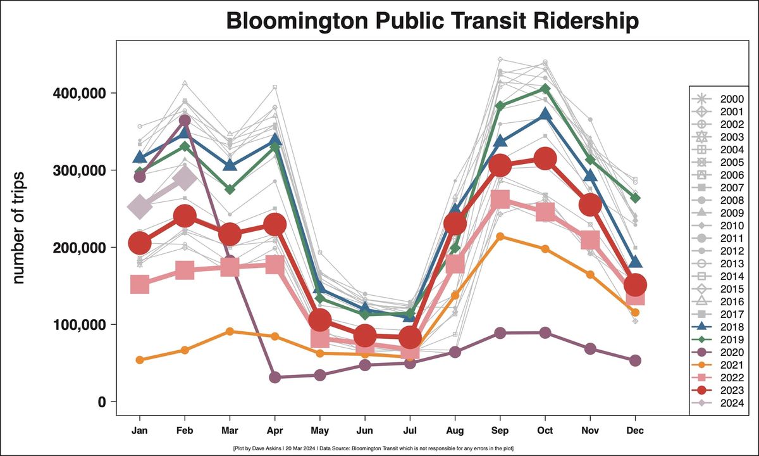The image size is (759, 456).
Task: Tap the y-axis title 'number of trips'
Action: coord(18,227)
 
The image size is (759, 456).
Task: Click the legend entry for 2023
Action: coord(735,390)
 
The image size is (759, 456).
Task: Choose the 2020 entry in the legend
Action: coord(735,352)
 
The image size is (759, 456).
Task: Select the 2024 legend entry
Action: coord(735,403)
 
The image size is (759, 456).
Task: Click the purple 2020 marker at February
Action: coord(185,120)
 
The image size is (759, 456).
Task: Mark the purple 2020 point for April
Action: coord(275,377)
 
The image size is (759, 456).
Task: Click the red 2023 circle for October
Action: coord(545,159)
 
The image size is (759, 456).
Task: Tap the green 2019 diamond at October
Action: coord(545,89)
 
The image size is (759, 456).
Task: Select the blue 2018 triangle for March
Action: coord(230,165)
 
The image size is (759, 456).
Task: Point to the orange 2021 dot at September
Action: coord(500,236)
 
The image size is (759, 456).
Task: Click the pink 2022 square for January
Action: coord(140,284)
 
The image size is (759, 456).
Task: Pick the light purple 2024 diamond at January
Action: coord(140,206)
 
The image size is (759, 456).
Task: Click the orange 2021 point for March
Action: coord(230,331)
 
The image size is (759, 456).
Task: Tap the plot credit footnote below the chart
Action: coord(373,448)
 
